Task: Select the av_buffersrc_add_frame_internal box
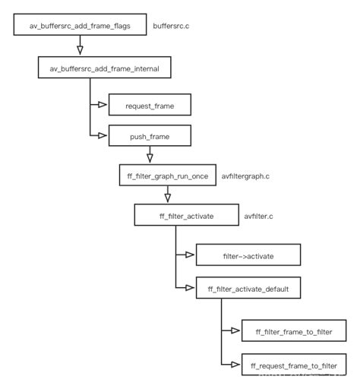click(x=105, y=68)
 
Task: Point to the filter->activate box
click(x=248, y=255)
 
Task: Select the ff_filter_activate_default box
click(x=248, y=289)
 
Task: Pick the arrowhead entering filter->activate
click(x=191, y=255)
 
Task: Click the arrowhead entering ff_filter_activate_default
click(x=191, y=289)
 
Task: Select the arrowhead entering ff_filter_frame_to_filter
click(x=235, y=330)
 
